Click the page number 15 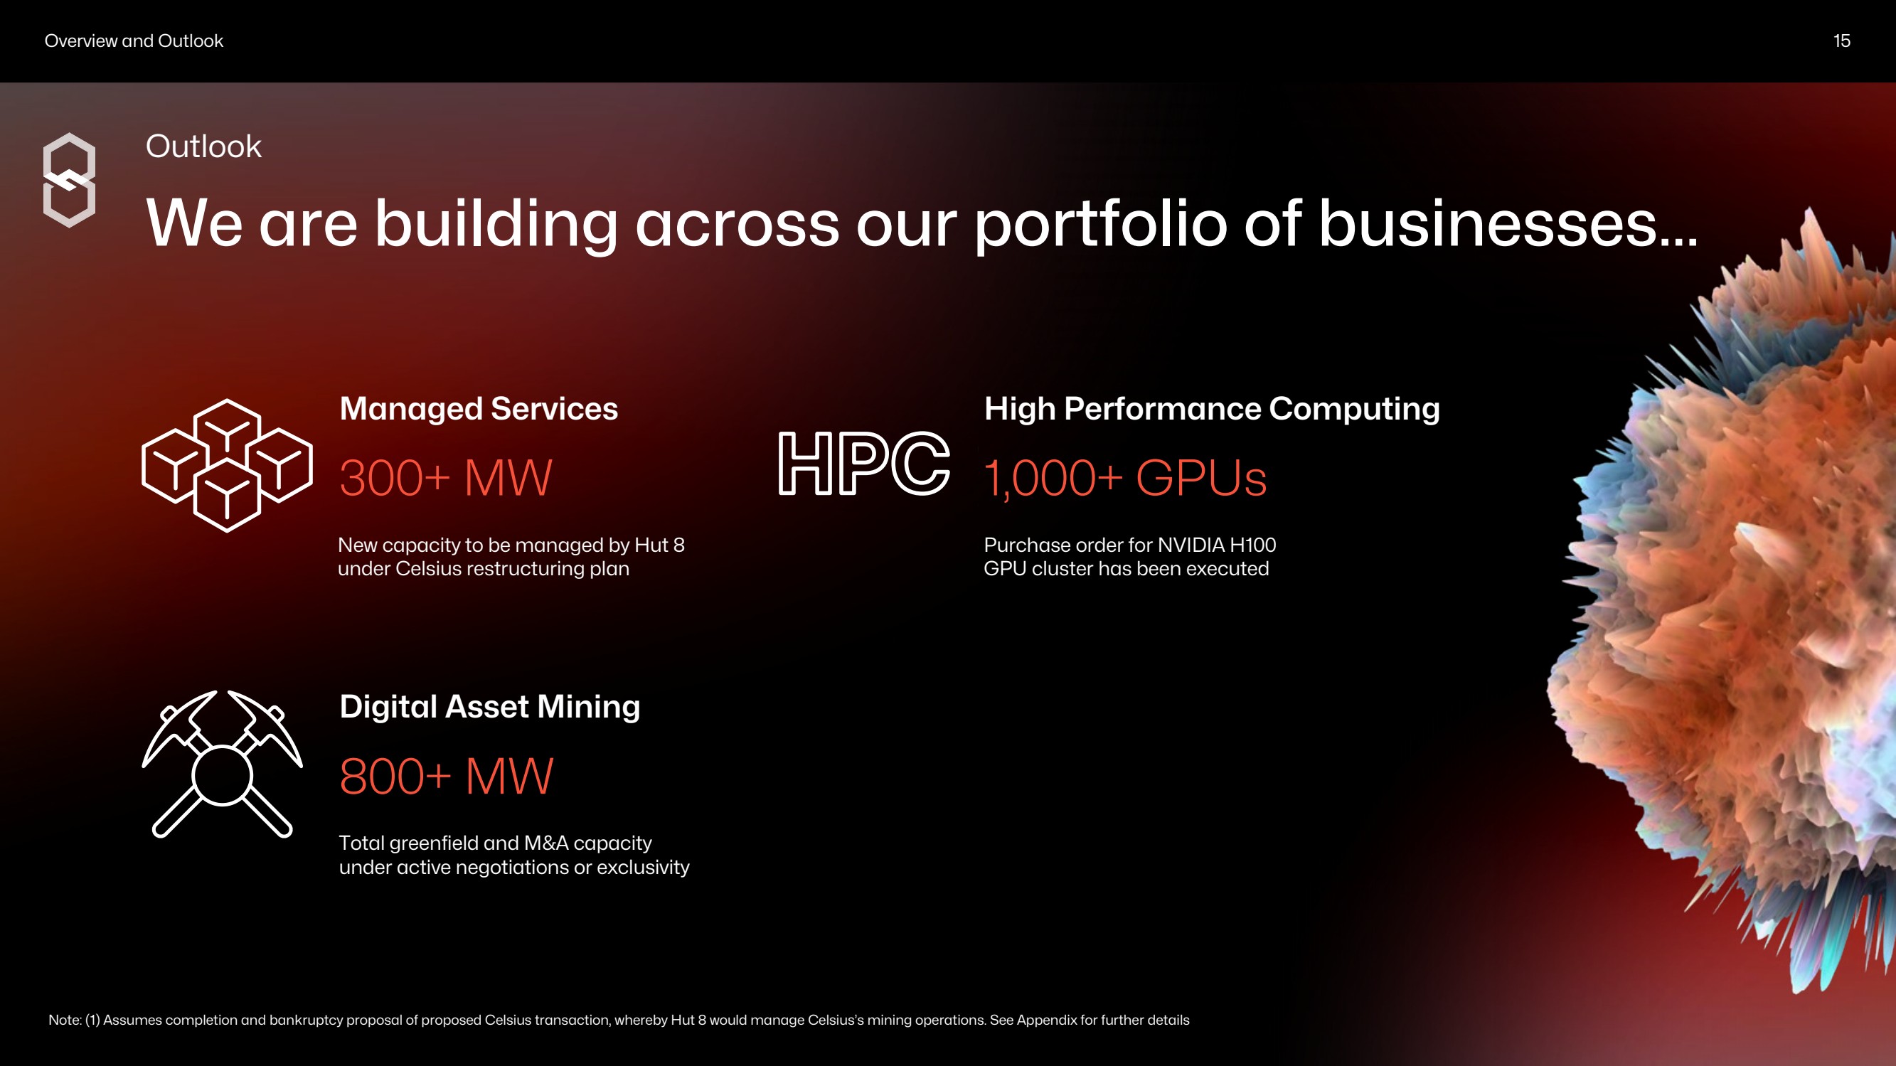pyautogui.click(x=1841, y=41)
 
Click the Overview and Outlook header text pyautogui.click(x=134, y=41)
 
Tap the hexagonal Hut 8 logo pyautogui.click(x=69, y=181)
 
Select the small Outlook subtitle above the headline pyautogui.click(x=203, y=146)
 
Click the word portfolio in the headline pyautogui.click(x=1101, y=224)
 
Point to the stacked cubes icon pyautogui.click(x=227, y=465)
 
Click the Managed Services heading pyautogui.click(x=479, y=409)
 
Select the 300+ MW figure pyautogui.click(x=445, y=478)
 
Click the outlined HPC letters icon pyautogui.click(x=864, y=463)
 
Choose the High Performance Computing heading pyautogui.click(x=1212, y=409)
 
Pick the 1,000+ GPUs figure pyautogui.click(x=1125, y=478)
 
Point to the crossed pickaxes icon pyautogui.click(x=223, y=764)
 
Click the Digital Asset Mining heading pyautogui.click(x=489, y=707)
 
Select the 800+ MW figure pyautogui.click(x=446, y=776)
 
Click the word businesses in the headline pyautogui.click(x=1508, y=224)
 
